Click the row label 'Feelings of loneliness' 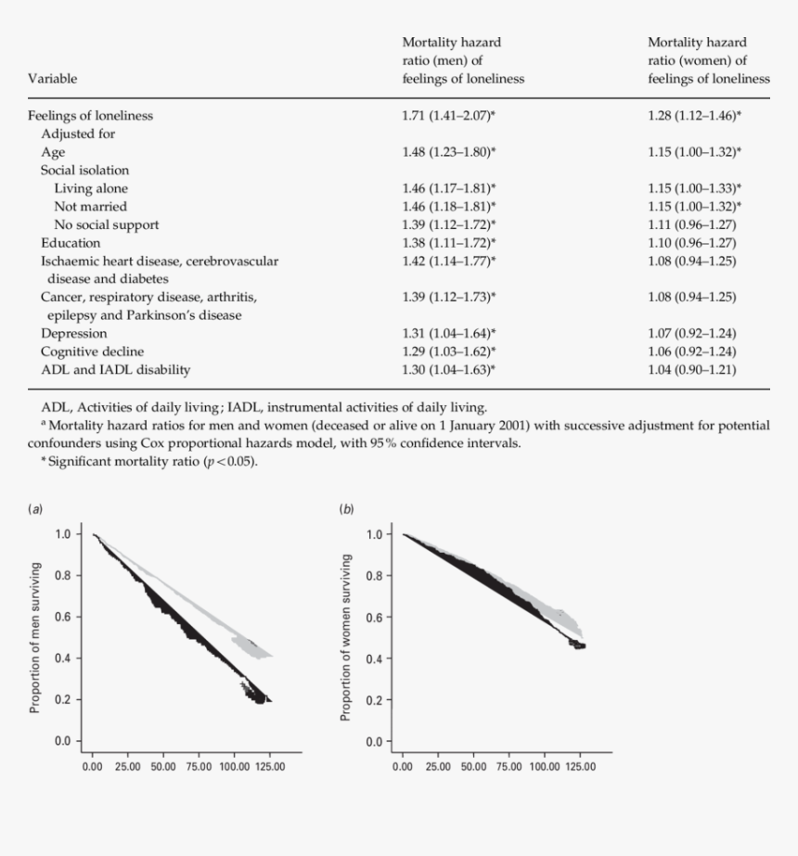[x=90, y=116]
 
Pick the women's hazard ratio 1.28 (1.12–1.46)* [x=694, y=116]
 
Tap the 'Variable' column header [x=53, y=79]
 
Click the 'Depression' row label [x=73, y=333]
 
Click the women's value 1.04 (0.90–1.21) [x=691, y=369]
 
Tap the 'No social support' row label [x=106, y=224]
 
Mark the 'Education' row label [x=71, y=243]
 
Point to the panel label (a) [x=36, y=508]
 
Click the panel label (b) [x=346, y=508]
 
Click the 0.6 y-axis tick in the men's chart [x=63, y=617]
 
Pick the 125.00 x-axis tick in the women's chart [x=579, y=767]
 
